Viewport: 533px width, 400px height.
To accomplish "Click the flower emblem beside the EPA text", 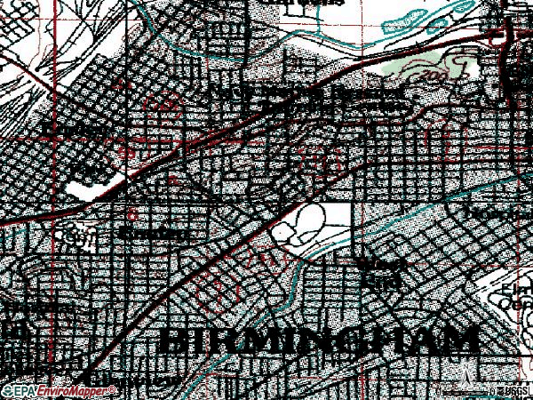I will coord(8,391).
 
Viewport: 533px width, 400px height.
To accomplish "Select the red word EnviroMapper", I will coord(58,391).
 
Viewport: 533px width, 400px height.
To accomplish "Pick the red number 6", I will coord(133,214).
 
